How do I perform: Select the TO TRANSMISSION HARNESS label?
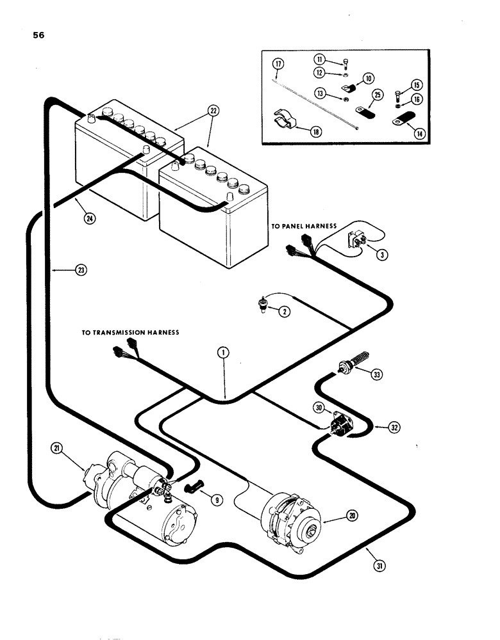[x=129, y=333]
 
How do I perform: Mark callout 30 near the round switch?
[x=319, y=408]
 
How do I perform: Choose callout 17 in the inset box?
[x=278, y=63]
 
